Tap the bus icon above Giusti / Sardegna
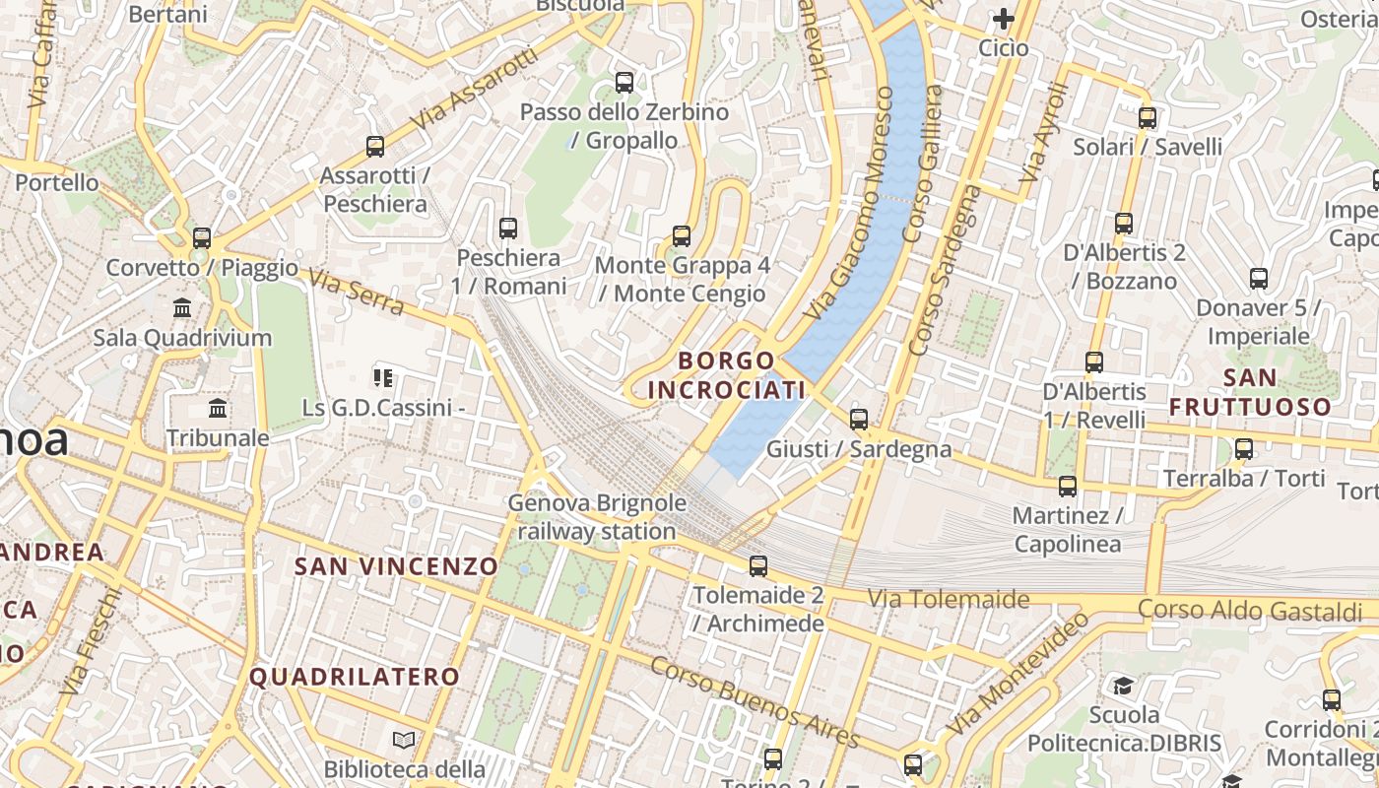click(x=859, y=419)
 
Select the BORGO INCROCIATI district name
click(x=727, y=375)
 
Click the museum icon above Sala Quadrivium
click(x=182, y=307)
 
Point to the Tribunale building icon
click(x=218, y=408)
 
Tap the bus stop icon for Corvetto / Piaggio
click(x=202, y=237)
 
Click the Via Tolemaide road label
click(x=949, y=598)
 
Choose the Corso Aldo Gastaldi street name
click(x=1250, y=610)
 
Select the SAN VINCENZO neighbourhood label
click(x=397, y=566)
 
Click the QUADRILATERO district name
click(x=355, y=677)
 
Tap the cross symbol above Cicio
click(x=1004, y=19)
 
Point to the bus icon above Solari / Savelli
click(x=1148, y=117)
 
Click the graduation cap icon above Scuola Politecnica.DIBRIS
click(x=1124, y=686)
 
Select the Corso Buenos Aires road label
click(x=755, y=702)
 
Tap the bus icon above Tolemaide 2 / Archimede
click(x=757, y=566)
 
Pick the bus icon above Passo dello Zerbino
click(x=624, y=83)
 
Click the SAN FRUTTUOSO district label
click(x=1250, y=391)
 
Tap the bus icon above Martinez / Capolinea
click(x=1068, y=487)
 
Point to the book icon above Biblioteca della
click(x=403, y=740)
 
